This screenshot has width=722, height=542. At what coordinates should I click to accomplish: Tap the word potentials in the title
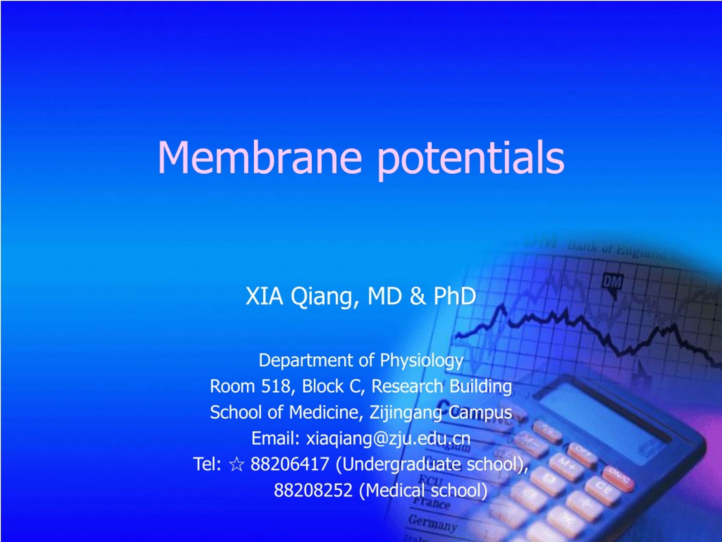coord(471,158)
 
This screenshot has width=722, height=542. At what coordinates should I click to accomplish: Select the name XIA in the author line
coord(264,296)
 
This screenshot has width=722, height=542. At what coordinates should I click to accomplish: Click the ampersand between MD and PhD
coord(417,296)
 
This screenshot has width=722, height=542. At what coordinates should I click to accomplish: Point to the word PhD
coord(454,296)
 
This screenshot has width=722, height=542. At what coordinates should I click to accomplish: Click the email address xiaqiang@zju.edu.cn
coord(388,438)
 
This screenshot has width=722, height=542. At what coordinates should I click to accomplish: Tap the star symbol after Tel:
coord(236,464)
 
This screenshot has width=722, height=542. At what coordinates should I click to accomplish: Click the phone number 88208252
coord(313,490)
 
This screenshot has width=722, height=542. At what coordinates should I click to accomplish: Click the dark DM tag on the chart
coord(612,282)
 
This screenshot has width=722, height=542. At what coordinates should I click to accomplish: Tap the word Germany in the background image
coord(432,523)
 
